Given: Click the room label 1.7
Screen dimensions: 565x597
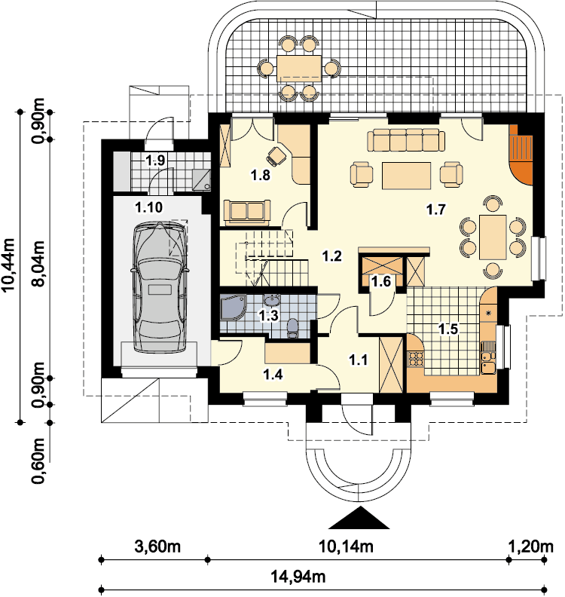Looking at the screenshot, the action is [435, 210].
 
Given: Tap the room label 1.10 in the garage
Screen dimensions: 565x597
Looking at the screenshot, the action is [149, 207].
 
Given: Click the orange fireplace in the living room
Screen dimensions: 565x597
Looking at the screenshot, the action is [521, 155].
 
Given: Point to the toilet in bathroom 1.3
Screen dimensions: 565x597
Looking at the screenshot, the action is [292, 328].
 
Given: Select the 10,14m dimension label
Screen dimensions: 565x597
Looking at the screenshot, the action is [346, 547].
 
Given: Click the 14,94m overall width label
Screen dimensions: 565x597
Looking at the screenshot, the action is [298, 577].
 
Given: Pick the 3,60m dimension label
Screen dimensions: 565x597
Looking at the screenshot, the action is [157, 547].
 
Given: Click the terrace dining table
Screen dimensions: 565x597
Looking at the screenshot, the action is [299, 68].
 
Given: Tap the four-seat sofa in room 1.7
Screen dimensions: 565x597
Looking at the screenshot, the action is [406, 140].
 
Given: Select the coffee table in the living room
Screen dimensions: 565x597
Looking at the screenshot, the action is [406, 176].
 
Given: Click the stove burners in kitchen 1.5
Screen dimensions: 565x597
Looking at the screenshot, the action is [416, 360].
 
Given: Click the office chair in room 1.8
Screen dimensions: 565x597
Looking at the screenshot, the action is [276, 155].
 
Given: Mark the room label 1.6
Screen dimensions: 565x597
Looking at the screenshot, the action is [381, 282].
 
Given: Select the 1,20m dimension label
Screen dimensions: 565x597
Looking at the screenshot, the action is [531, 547].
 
